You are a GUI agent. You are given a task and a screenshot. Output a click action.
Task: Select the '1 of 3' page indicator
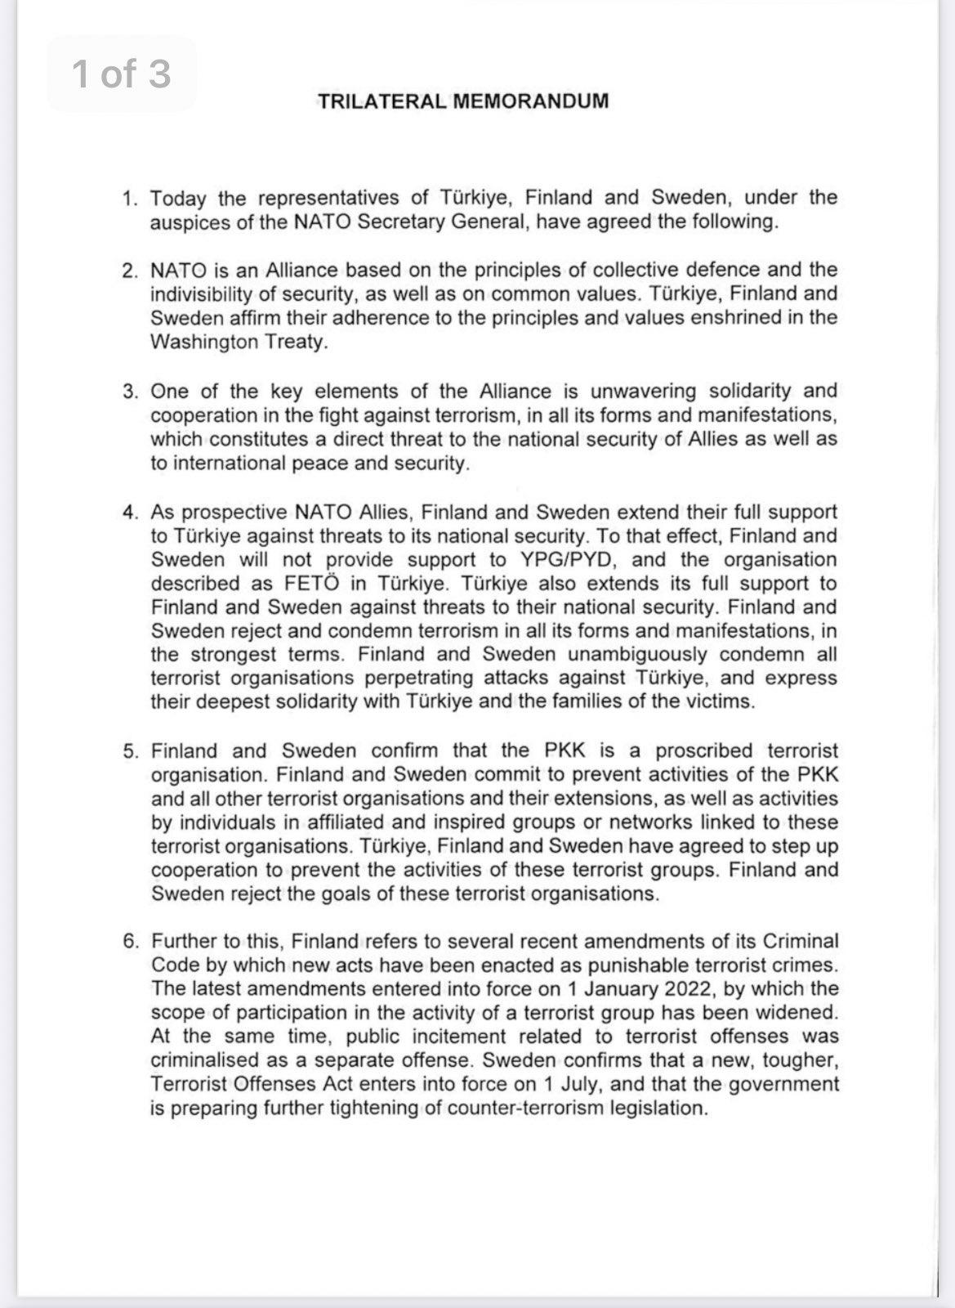click(x=122, y=74)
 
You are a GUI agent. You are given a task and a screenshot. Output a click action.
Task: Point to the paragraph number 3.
click(x=131, y=392)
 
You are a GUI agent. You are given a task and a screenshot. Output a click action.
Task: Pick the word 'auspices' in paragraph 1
click(x=181, y=222)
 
